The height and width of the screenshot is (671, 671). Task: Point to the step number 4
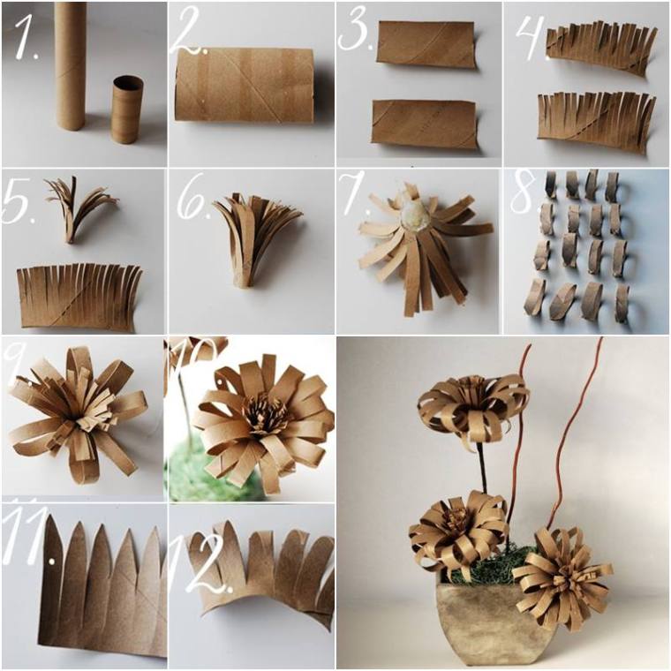[x=526, y=35]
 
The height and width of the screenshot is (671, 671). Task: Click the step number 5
[x=20, y=204]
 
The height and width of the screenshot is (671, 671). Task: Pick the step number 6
[x=192, y=203]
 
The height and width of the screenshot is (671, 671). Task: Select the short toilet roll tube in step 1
[x=127, y=109]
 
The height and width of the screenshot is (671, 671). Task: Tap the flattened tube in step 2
[x=245, y=85]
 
